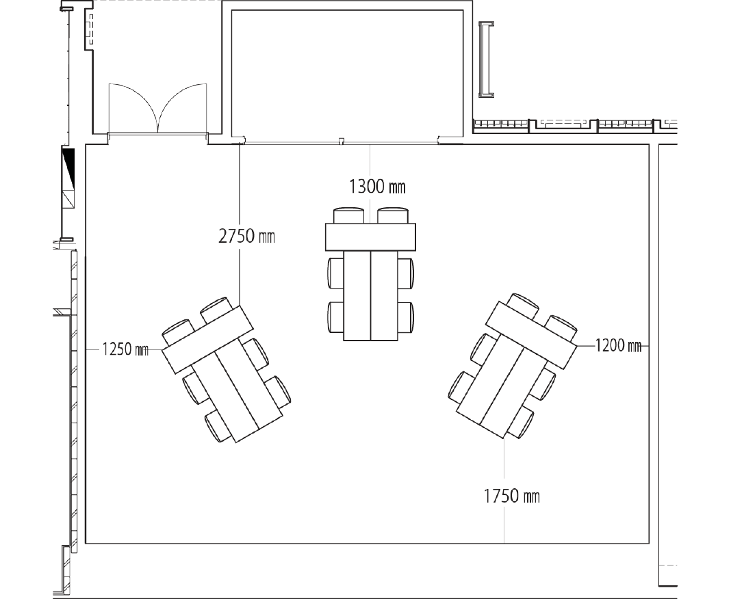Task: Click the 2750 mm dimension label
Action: point(246,237)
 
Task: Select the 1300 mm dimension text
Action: point(378,187)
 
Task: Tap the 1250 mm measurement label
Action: point(125,349)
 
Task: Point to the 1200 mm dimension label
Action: point(618,345)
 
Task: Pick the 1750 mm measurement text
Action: point(512,496)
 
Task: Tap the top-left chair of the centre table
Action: point(348,215)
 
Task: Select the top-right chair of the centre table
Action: point(393,215)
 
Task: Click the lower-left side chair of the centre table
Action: point(335,317)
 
